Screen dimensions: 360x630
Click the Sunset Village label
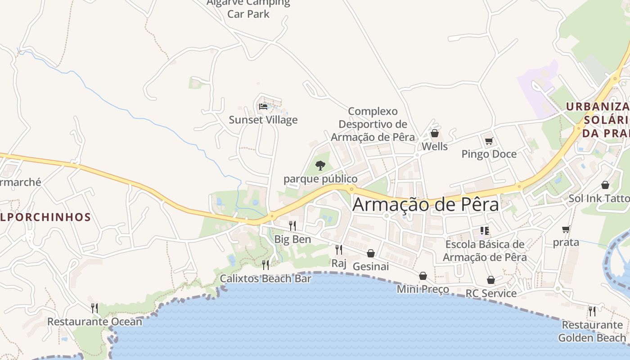[x=263, y=120]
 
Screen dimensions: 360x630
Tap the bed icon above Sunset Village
[x=263, y=107]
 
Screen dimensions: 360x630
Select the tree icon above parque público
[x=320, y=166]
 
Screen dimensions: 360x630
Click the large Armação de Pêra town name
[x=426, y=204]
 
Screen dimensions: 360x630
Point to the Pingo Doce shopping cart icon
[x=489, y=141]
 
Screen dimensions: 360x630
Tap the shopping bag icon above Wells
[x=435, y=133]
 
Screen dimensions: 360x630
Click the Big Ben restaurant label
[x=292, y=239]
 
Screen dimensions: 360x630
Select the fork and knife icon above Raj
[x=338, y=249]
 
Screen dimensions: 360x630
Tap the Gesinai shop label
[x=370, y=266]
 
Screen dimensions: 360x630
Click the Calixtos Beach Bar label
[x=265, y=279]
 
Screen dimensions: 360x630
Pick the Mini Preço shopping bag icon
[x=423, y=276]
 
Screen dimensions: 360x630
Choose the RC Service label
[x=491, y=293]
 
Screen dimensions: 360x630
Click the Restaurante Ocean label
[x=94, y=322]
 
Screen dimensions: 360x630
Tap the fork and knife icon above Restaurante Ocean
[x=94, y=308]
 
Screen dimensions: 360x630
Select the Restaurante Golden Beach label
[x=592, y=331]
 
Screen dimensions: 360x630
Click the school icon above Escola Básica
[x=485, y=231]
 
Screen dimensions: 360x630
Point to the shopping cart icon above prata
[x=566, y=229]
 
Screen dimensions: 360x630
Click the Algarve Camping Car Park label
[x=248, y=8]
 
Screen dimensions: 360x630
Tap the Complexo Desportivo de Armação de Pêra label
[x=373, y=124]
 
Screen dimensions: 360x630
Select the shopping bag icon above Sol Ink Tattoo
[x=605, y=185]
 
